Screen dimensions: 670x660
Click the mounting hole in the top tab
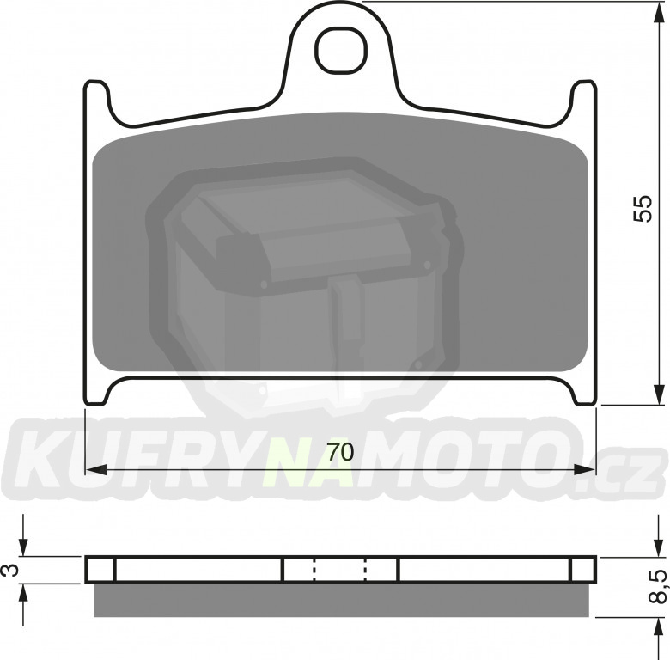[341, 50]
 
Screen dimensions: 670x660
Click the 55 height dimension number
[643, 208]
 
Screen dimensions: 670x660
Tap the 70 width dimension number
[340, 452]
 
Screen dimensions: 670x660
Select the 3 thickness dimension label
[13, 570]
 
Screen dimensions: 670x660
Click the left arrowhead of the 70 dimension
[96, 470]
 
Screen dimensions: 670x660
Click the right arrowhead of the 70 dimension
[584, 470]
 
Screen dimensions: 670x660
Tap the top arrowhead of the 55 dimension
[660, 13]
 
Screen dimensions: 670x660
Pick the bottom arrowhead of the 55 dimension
[660, 394]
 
